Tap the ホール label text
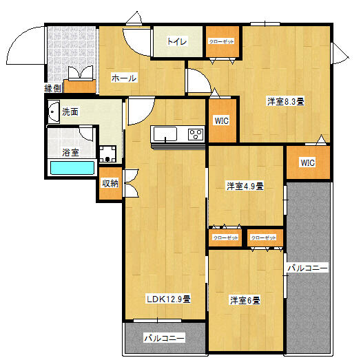point(124,78)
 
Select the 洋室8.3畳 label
point(286,101)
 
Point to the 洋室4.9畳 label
point(246,186)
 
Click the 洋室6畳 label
point(245,300)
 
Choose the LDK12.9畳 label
point(168,299)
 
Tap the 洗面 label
point(70,112)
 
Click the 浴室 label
point(70,151)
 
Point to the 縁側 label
point(53,88)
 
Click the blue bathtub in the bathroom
point(72,167)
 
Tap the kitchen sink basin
point(165,134)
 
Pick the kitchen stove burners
point(196,134)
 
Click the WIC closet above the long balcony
point(307,163)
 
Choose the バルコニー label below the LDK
point(165,338)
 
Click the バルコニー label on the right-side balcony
point(307,267)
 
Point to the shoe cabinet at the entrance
point(79,86)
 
